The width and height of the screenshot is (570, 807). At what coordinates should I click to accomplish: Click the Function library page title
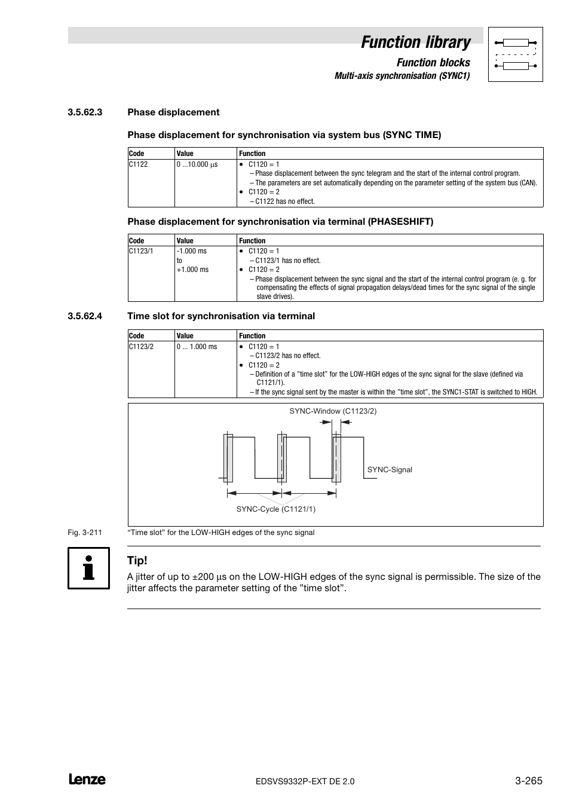pyautogui.click(x=415, y=42)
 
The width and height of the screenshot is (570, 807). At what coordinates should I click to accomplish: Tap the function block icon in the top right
pyautogui.click(x=515, y=54)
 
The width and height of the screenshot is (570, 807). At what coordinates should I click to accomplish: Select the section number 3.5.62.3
pyautogui.click(x=85, y=112)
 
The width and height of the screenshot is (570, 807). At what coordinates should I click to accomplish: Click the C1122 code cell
pyautogui.click(x=138, y=164)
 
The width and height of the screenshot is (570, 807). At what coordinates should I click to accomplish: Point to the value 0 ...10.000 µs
pyautogui.click(x=197, y=164)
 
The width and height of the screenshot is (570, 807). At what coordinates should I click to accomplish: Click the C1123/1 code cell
pyautogui.click(x=141, y=251)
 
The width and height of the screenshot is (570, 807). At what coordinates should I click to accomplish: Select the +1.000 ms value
pyautogui.click(x=192, y=270)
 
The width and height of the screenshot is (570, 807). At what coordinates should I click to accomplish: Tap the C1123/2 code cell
pyautogui.click(x=141, y=347)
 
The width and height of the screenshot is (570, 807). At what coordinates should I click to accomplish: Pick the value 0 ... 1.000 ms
pyautogui.click(x=197, y=347)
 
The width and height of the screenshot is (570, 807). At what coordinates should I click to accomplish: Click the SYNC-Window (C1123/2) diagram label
pyautogui.click(x=333, y=411)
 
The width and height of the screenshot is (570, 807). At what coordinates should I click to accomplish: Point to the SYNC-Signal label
pyautogui.click(x=390, y=470)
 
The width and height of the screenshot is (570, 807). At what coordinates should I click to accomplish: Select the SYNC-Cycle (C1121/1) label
pyautogui.click(x=275, y=509)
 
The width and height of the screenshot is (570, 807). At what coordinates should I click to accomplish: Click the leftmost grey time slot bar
pyautogui.click(x=228, y=458)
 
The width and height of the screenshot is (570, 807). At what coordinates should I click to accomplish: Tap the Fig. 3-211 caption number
pyautogui.click(x=85, y=533)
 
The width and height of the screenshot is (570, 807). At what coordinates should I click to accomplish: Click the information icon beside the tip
pyautogui.click(x=88, y=568)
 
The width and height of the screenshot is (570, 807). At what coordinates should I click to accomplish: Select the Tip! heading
pyautogui.click(x=137, y=561)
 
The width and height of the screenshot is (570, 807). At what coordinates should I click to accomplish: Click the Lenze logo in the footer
pyautogui.click(x=87, y=780)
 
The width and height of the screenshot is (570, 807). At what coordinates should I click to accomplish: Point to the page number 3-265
pyautogui.click(x=528, y=780)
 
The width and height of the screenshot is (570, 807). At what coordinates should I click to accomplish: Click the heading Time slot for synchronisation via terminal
pyautogui.click(x=221, y=316)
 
